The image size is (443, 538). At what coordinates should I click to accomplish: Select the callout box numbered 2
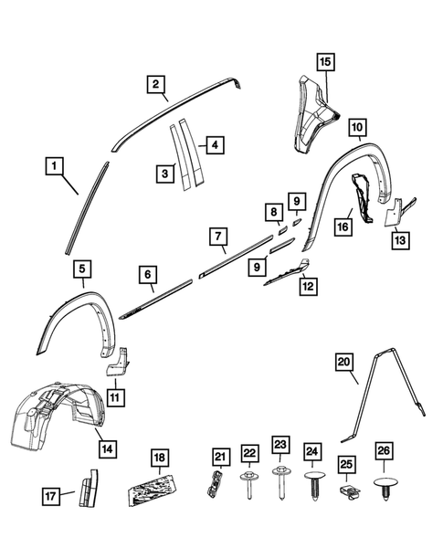[x=157, y=86]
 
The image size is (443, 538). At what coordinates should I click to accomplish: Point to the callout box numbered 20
[x=343, y=363]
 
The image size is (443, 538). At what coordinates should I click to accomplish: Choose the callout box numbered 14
[x=108, y=448]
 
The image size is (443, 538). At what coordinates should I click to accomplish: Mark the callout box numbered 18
[x=160, y=457]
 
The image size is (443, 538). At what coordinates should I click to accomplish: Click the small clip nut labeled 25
[x=346, y=492]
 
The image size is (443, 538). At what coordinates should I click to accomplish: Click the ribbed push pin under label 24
[x=313, y=482]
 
